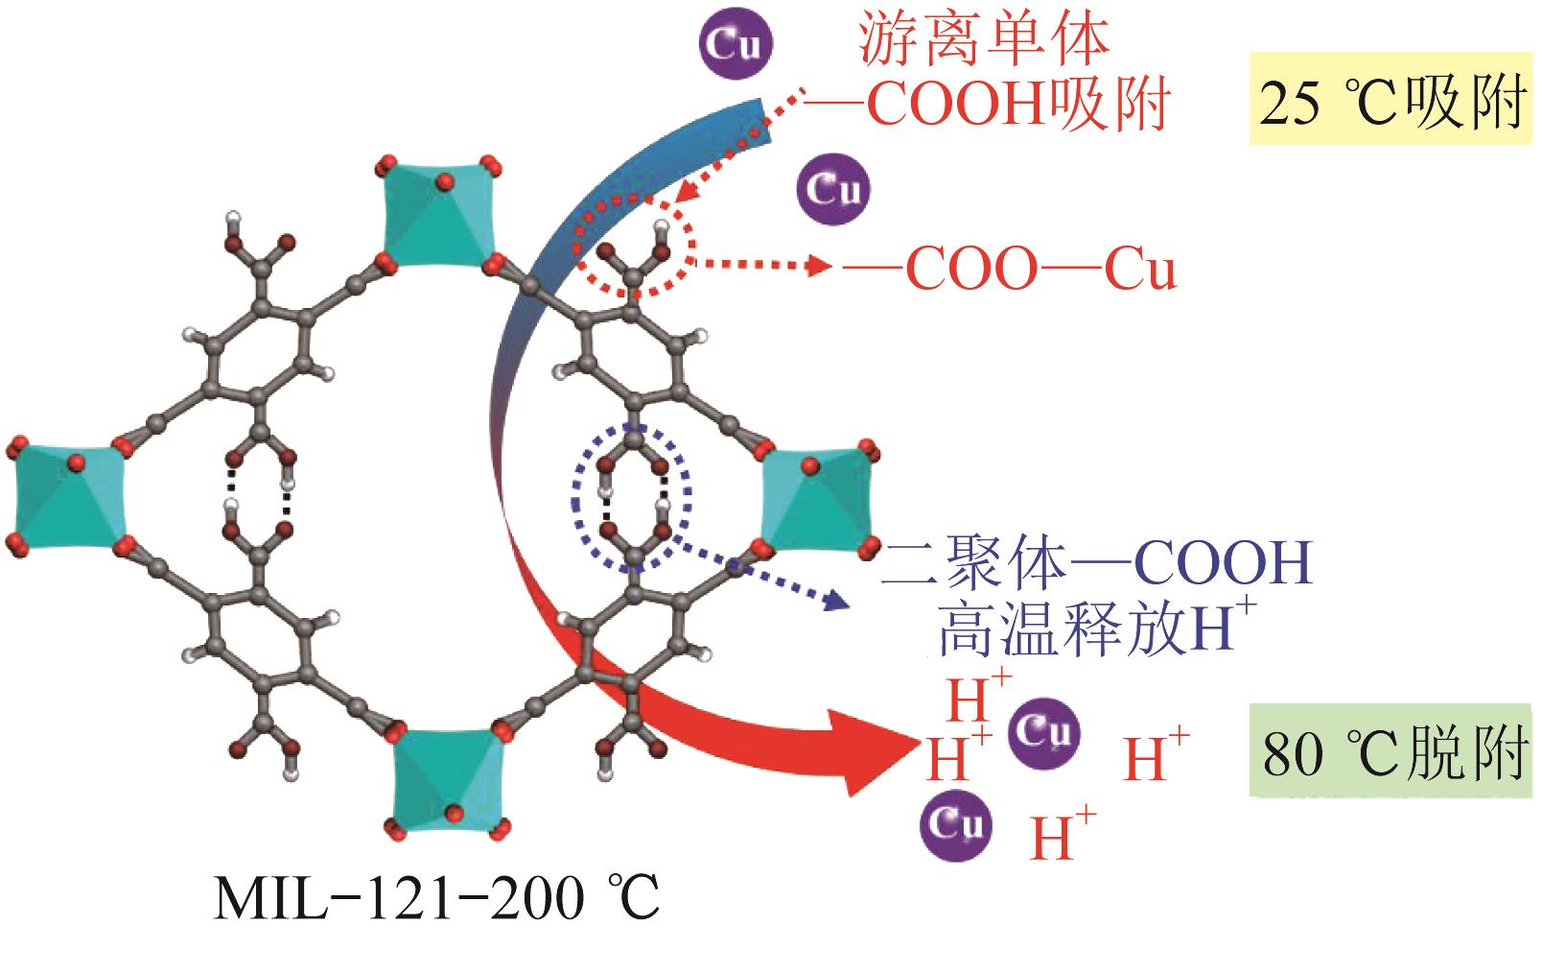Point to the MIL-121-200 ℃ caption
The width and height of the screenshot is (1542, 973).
click(x=436, y=899)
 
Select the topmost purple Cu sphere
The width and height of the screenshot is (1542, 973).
click(x=736, y=44)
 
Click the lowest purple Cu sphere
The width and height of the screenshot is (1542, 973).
click(x=956, y=823)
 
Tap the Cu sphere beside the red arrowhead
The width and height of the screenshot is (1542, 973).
click(x=1044, y=733)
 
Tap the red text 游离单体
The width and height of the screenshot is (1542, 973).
click(x=984, y=40)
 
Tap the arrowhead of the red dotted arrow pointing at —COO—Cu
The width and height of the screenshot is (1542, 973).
click(x=821, y=266)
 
